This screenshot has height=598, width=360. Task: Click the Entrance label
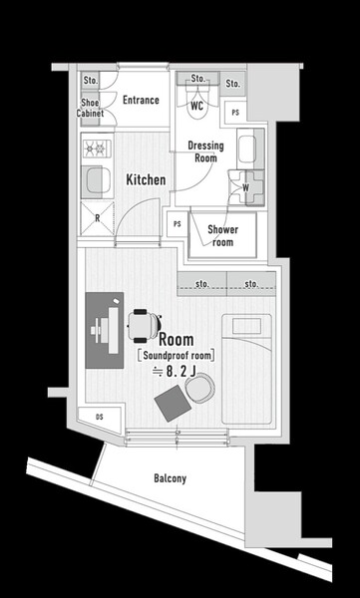click(141, 100)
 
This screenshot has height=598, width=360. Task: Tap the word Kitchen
click(146, 180)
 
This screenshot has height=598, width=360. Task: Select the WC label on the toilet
click(197, 106)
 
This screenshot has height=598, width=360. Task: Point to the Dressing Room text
click(205, 151)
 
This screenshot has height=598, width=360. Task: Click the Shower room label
click(223, 235)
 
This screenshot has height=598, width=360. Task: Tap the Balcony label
click(171, 478)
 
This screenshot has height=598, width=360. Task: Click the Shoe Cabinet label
click(90, 108)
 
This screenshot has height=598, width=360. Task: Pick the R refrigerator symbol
click(98, 218)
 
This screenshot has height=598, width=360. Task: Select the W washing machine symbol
click(246, 187)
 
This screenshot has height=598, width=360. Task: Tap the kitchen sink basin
click(98, 180)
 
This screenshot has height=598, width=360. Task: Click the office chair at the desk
click(144, 326)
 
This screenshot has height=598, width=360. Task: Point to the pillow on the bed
click(247, 326)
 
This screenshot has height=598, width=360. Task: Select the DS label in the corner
click(100, 417)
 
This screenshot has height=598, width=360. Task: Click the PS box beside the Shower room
click(178, 224)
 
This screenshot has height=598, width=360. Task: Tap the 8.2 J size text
click(175, 372)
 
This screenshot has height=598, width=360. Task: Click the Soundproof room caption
click(176, 356)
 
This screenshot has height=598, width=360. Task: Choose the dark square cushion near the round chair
click(173, 403)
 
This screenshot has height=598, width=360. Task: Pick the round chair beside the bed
click(200, 387)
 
